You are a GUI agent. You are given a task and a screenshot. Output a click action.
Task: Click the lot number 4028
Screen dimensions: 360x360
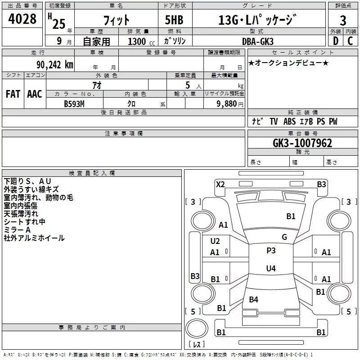(x=22, y=19)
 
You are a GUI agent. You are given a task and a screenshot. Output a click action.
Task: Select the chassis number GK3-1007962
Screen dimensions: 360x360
(x=302, y=144)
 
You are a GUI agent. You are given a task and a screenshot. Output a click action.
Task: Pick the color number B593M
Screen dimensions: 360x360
(x=74, y=103)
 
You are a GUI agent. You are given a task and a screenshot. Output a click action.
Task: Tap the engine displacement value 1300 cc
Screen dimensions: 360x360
(x=140, y=42)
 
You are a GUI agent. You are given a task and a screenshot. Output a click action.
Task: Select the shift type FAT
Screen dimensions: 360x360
(x=13, y=94)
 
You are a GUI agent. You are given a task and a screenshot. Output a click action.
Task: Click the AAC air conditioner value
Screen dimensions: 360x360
(x=35, y=94)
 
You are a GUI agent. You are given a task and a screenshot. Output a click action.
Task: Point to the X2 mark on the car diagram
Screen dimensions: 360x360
(x=220, y=184)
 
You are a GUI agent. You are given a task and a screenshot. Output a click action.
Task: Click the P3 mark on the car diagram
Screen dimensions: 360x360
(x=271, y=251)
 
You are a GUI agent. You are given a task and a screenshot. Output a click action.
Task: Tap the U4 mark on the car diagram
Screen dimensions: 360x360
(x=270, y=269)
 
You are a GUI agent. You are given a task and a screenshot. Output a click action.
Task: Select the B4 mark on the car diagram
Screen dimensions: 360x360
(x=254, y=299)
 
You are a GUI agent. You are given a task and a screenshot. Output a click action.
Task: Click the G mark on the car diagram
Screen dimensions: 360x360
(x=284, y=237)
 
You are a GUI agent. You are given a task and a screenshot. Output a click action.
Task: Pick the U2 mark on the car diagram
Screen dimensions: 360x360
(x=215, y=241)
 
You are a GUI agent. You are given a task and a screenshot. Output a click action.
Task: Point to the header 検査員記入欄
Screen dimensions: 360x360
(x=92, y=173)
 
